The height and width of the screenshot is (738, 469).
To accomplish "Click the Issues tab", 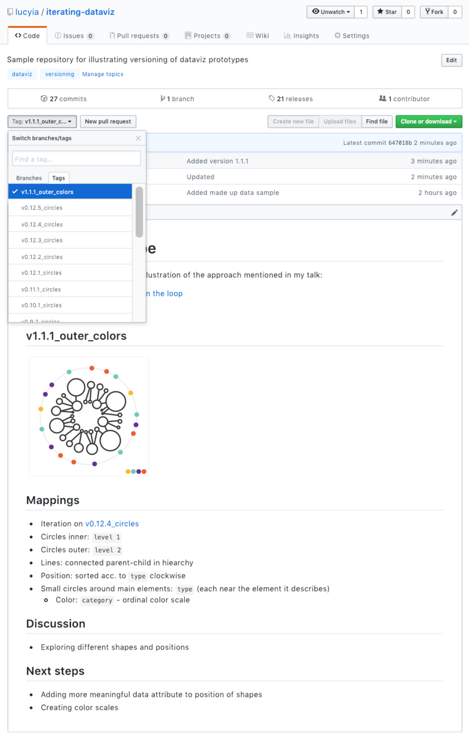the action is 74,36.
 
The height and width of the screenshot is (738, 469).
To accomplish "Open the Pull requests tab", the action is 139,36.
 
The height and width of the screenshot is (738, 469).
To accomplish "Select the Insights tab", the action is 301,36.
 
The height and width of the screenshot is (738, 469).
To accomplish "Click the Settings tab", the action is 351,36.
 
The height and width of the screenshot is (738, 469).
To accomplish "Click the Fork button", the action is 434,11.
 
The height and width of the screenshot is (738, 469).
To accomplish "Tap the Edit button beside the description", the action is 451,60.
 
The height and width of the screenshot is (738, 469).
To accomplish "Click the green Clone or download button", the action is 429,121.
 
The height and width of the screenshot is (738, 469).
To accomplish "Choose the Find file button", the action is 377,121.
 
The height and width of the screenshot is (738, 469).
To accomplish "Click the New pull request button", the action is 108,121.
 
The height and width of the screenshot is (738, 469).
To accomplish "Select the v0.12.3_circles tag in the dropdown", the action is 42,240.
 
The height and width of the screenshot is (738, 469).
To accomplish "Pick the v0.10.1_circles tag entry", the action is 42,305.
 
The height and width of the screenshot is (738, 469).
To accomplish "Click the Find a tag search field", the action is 77,159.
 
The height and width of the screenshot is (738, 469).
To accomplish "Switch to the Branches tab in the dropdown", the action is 29,178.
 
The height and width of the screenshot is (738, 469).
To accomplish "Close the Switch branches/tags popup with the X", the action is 138,138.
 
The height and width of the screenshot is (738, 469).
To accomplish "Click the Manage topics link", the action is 103,74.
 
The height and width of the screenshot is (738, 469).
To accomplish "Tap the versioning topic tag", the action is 60,74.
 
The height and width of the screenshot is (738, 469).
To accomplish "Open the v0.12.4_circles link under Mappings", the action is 112,524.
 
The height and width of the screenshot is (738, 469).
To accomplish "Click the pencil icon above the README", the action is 454,213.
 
